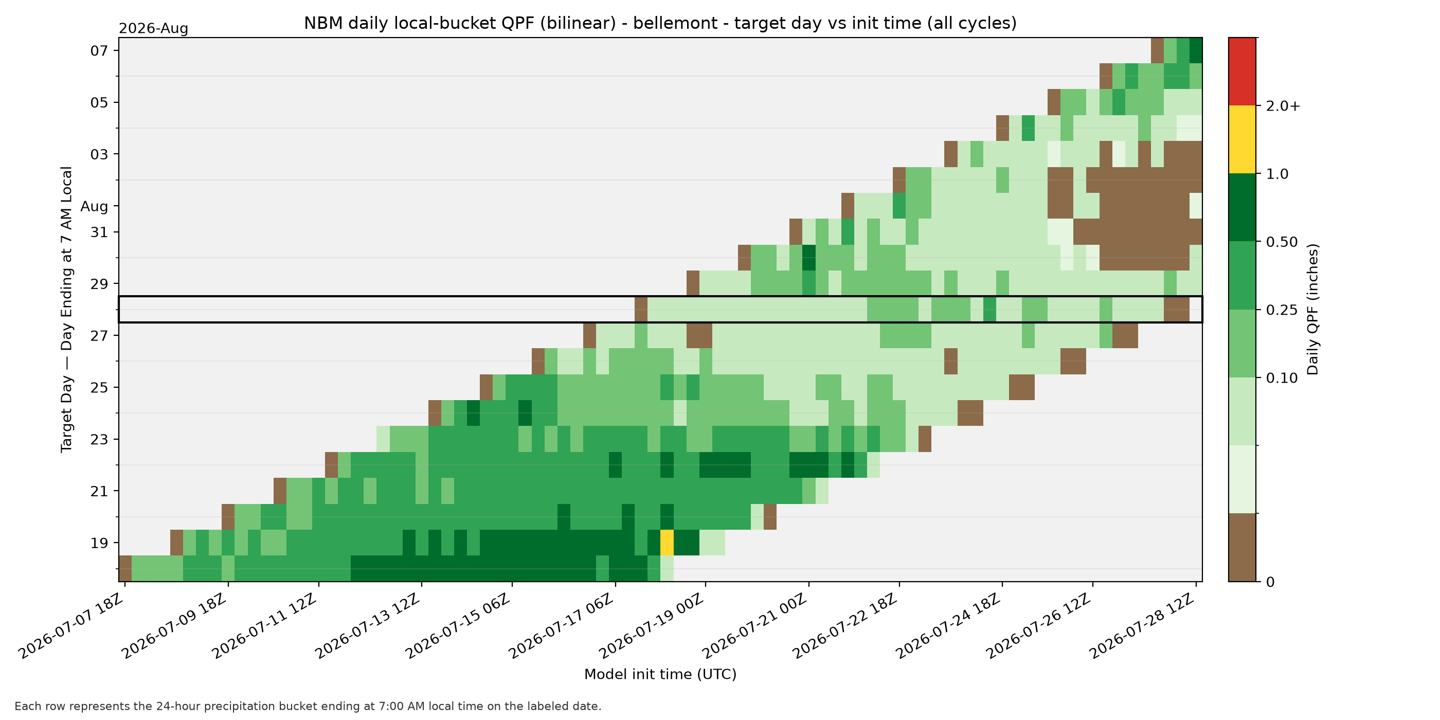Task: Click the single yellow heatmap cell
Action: click(x=667, y=542)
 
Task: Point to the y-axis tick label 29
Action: click(x=99, y=284)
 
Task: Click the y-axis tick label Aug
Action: click(x=95, y=206)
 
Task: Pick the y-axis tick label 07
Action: click(x=99, y=51)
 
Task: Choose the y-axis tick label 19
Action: click(x=99, y=543)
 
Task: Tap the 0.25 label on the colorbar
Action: click(x=1282, y=310)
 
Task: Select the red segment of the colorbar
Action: click(x=1242, y=71)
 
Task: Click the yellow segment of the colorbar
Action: click(x=1242, y=140)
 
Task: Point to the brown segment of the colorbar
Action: click(x=1242, y=548)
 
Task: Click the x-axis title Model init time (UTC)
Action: click(x=660, y=674)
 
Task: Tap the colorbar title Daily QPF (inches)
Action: click(x=1312, y=309)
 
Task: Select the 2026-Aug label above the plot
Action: click(x=153, y=28)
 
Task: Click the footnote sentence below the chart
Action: click(x=308, y=706)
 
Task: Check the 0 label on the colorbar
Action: click(x=1270, y=582)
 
